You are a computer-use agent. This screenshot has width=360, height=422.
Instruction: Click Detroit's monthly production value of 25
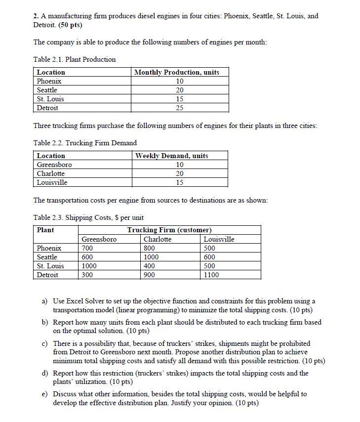(x=180, y=108)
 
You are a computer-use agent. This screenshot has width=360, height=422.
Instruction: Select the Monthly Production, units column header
(x=177, y=72)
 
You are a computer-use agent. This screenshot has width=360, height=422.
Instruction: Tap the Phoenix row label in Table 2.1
(x=49, y=81)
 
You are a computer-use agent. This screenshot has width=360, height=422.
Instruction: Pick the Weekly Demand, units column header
(x=172, y=156)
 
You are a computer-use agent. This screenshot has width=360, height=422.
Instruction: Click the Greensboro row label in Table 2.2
(x=54, y=165)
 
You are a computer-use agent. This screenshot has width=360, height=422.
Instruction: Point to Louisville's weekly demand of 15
(x=180, y=182)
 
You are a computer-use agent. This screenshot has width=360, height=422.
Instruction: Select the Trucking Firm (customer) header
(x=169, y=230)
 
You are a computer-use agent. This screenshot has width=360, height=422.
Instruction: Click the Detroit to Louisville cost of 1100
(x=211, y=275)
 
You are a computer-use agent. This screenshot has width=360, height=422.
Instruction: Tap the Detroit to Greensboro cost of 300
(x=87, y=275)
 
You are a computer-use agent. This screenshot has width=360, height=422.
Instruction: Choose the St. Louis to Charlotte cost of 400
(x=150, y=266)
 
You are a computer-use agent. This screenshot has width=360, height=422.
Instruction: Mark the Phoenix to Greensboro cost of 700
(x=87, y=248)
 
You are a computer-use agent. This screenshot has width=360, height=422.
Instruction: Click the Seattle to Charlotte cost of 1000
(x=151, y=257)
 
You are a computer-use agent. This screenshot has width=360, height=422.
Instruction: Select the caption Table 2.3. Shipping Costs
(x=88, y=217)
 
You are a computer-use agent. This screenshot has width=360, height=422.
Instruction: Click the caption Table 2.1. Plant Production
(x=74, y=59)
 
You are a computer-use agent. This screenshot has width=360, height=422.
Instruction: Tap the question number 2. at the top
(x=37, y=16)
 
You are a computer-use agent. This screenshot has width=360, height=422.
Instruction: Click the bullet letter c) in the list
(x=44, y=343)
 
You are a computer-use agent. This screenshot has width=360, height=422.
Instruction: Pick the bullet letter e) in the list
(x=44, y=394)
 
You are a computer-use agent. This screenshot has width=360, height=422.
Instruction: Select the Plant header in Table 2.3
(x=45, y=230)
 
